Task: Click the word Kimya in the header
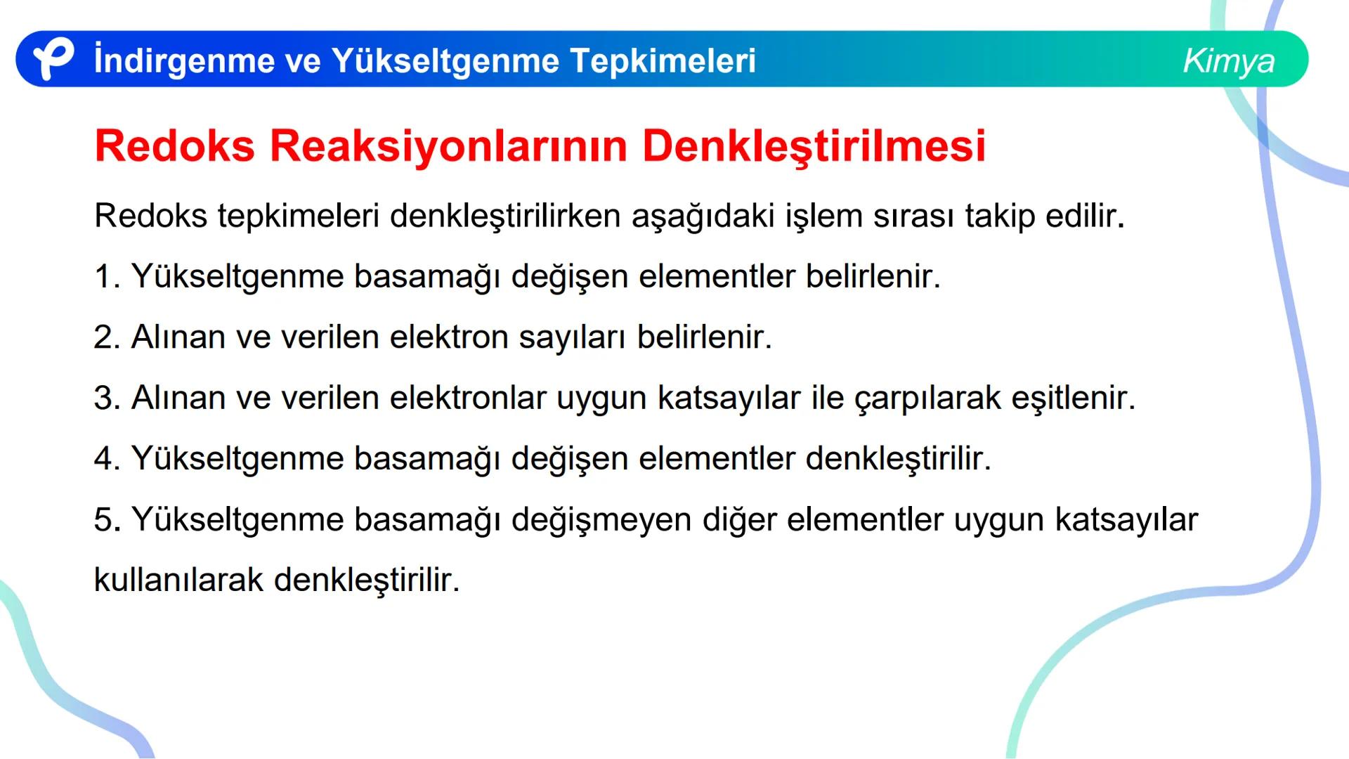pos(1228,60)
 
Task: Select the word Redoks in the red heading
pos(174,146)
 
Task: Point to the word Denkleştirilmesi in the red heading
pos(814,146)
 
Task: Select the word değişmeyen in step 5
pos(601,520)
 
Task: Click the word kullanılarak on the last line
pos(178,580)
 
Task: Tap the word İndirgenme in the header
pos(183,60)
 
